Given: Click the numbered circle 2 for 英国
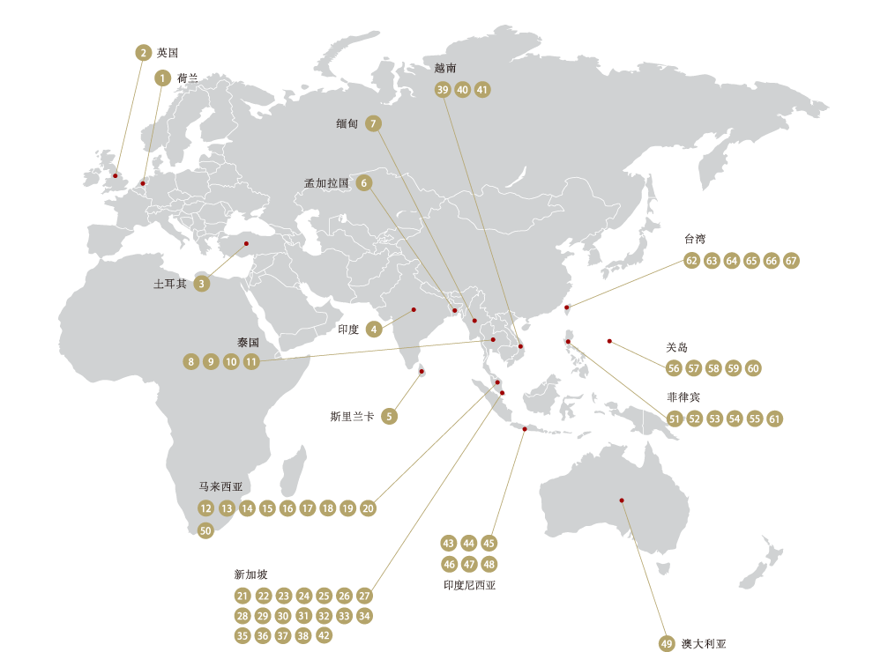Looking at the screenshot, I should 143,52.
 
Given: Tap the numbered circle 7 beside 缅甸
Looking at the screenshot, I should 374,123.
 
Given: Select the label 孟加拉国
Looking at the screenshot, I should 326,183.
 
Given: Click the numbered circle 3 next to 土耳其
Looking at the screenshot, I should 202,284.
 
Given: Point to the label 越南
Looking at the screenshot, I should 444,67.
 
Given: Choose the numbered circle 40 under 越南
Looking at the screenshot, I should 462,89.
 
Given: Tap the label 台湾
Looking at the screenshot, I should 695,239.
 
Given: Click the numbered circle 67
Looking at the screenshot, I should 791,261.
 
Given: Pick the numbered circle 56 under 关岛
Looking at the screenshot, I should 675,368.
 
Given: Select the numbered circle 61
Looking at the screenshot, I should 774,419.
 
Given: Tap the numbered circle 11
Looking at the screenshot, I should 251,361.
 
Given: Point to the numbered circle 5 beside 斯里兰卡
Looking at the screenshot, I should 390,417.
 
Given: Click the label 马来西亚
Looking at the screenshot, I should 220,486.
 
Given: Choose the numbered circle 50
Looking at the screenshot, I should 205,530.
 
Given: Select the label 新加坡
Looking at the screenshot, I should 250,574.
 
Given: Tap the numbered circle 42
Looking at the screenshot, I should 324,635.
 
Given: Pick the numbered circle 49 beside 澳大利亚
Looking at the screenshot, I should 667,642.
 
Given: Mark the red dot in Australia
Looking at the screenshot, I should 622,500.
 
